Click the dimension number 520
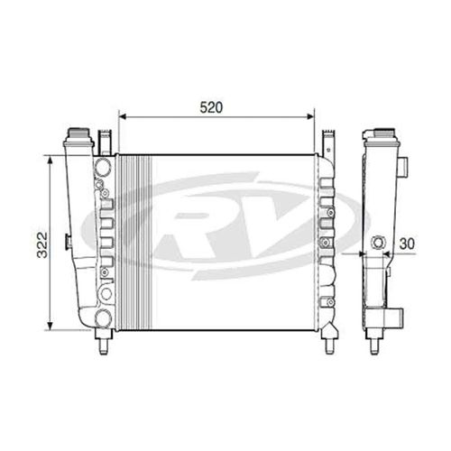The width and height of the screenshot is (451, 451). pos(211,106)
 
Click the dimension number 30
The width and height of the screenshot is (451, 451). pos(409,242)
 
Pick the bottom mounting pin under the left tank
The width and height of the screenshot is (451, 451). pos(103,344)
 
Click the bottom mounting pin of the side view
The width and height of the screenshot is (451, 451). pos(374,344)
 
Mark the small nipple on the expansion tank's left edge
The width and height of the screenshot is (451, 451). pos(67,241)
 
